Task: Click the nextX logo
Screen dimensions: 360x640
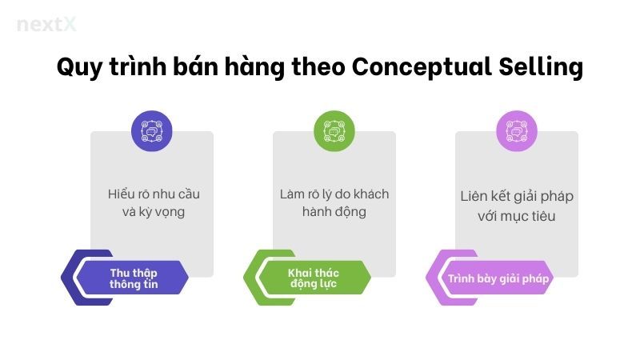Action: coord(46,24)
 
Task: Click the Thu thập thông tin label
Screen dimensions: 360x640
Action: coord(134,278)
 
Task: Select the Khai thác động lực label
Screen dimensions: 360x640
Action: coord(313,278)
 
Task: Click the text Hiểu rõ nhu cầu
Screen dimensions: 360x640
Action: coord(151,194)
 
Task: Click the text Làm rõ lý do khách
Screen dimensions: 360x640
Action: coord(334,194)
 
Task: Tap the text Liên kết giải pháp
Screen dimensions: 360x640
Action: coord(516,196)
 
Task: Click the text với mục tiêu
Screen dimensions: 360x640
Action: coord(516,216)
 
